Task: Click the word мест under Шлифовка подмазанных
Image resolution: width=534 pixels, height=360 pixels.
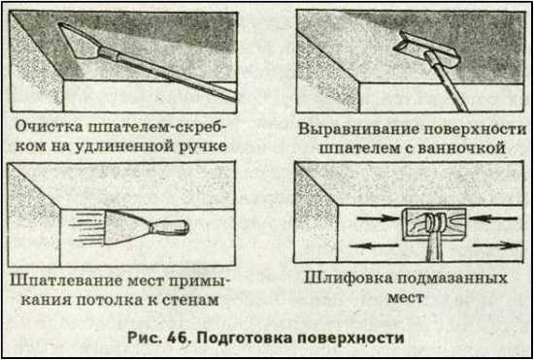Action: [x=406, y=297]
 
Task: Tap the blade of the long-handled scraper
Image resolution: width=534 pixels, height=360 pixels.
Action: [x=79, y=41]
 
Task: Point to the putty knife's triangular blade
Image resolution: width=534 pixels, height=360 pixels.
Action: [x=123, y=227]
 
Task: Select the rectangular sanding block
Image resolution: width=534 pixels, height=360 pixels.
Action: [x=434, y=224]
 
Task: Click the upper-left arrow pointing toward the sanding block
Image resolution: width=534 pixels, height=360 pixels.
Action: [x=378, y=216]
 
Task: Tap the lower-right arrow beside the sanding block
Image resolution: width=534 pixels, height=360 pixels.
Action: [x=498, y=245]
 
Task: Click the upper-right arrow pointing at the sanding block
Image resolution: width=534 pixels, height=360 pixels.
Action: [x=494, y=217]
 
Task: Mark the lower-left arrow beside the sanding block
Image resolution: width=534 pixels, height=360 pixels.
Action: [x=374, y=245]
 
